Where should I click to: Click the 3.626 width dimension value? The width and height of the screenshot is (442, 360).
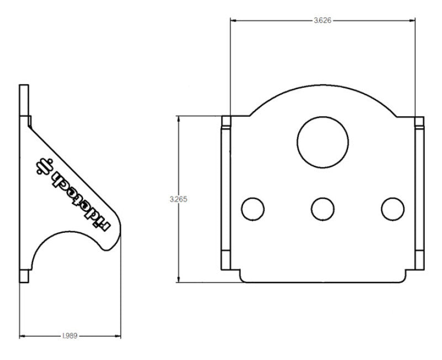[323, 20]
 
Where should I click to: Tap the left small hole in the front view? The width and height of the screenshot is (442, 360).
[253, 208]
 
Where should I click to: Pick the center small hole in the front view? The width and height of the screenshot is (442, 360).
[323, 208]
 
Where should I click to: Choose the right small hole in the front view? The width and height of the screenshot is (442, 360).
[392, 208]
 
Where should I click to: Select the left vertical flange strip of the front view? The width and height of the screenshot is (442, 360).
[226, 194]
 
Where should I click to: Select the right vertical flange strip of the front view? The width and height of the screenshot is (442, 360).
[419, 194]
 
